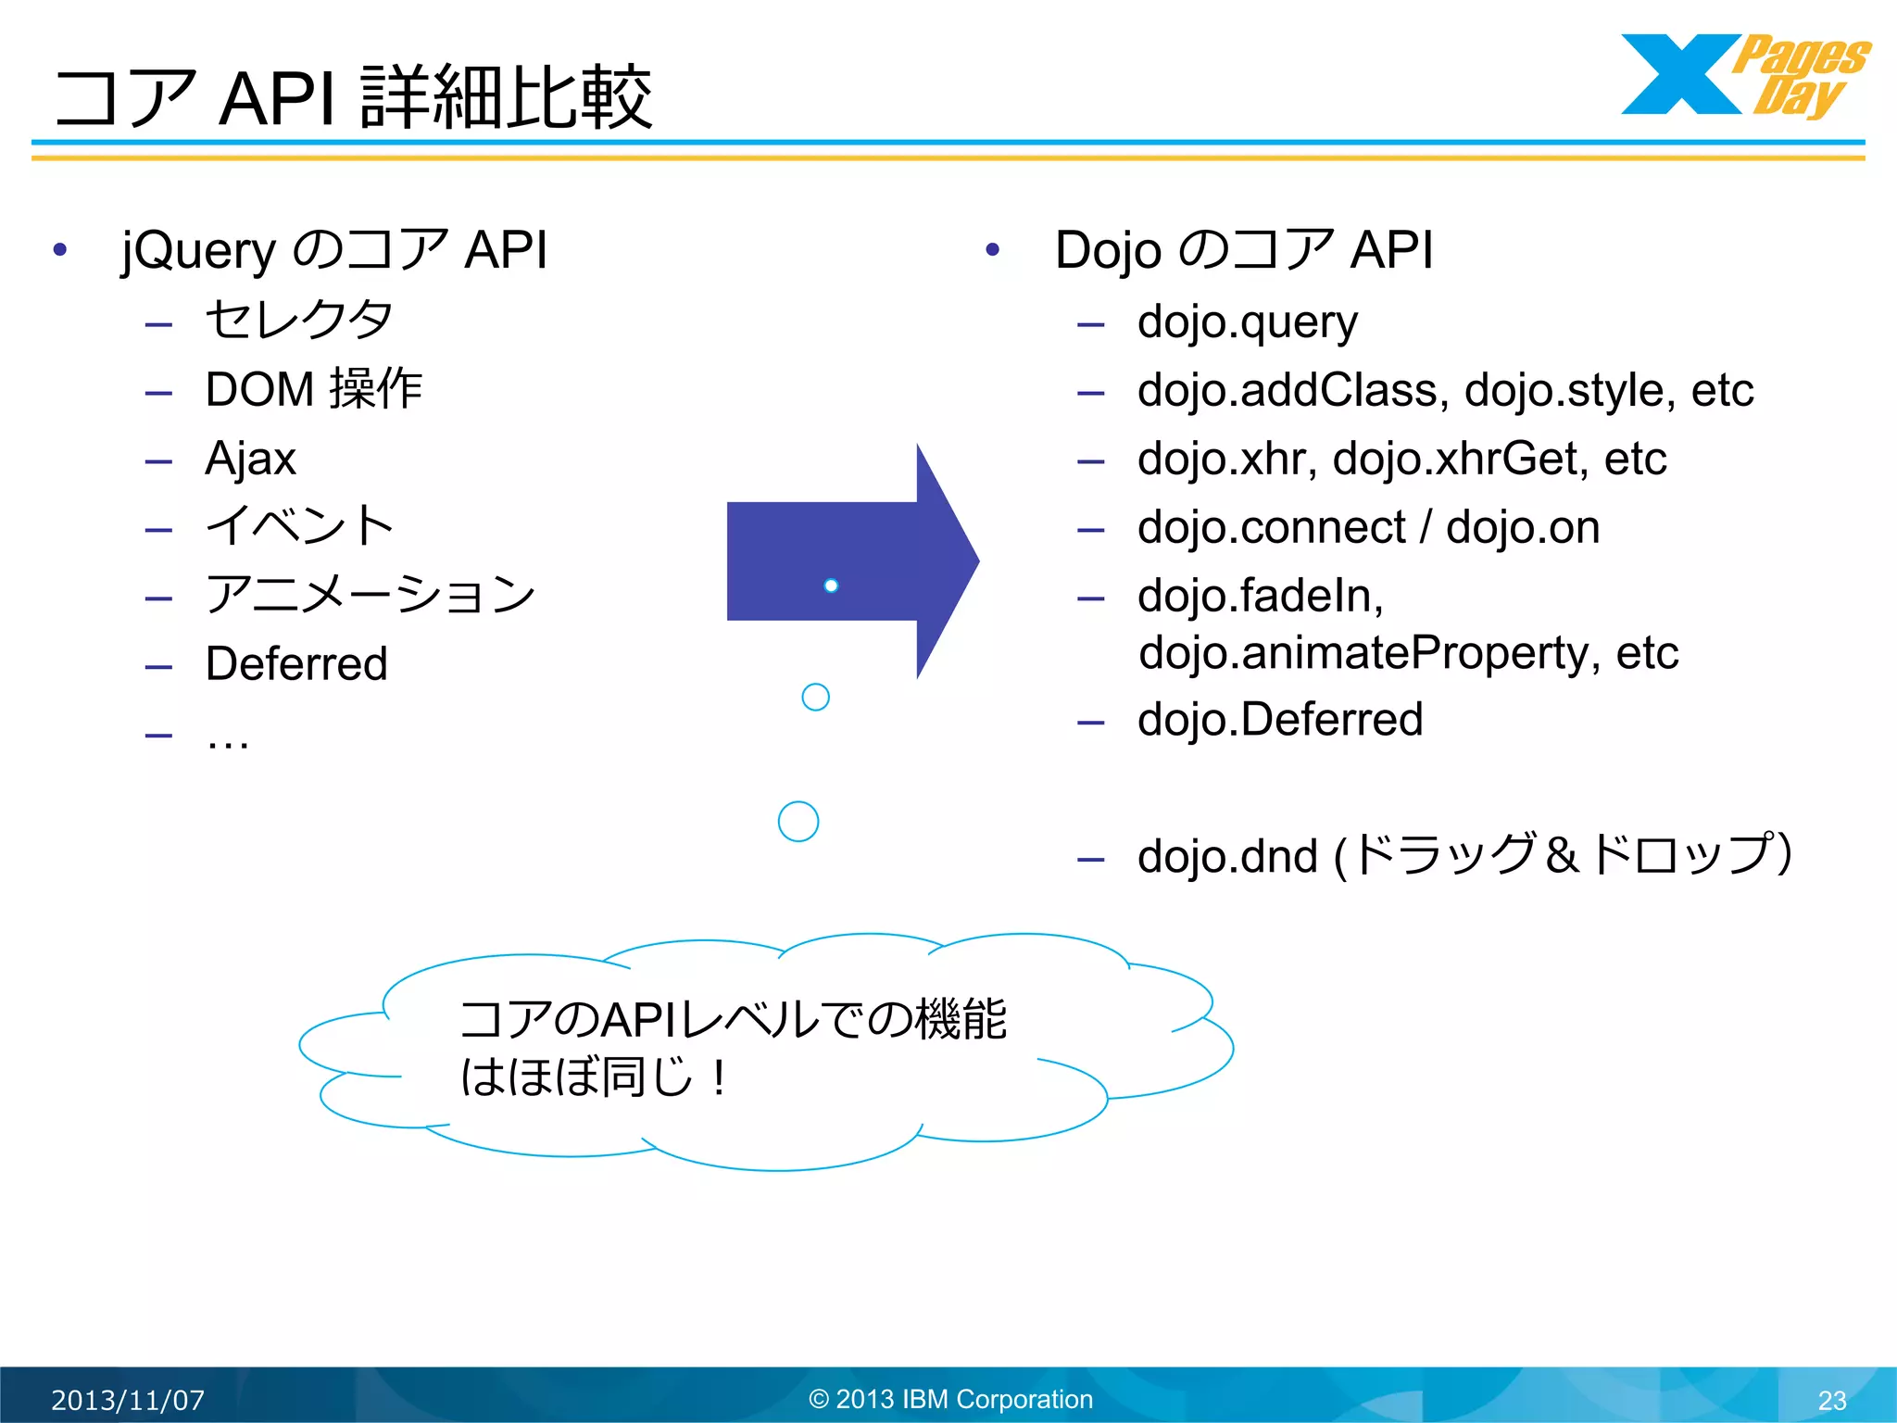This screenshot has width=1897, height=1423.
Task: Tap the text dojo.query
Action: coord(1247,322)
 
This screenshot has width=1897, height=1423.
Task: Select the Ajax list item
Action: coord(250,459)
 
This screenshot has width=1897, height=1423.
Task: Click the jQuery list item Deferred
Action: coord(296,664)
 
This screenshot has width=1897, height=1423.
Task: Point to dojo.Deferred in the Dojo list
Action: coord(1279,720)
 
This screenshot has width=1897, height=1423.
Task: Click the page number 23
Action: coord(1831,1400)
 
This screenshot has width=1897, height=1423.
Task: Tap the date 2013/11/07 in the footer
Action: coord(128,1400)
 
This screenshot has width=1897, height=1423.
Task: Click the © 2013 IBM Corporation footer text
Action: coord(950,1399)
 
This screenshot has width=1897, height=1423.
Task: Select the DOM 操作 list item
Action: coord(313,389)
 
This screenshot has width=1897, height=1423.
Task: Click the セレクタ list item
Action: coord(298,321)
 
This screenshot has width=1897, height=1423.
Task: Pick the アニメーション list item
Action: coord(370,595)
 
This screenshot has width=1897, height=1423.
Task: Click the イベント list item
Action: coord(299,526)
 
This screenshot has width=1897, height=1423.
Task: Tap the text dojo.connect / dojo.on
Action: coord(1368,527)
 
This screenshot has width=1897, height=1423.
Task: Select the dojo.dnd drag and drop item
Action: coord(1464,855)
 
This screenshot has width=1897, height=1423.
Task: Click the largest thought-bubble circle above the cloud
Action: coord(798,821)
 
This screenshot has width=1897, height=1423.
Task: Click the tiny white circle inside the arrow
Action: coord(831,586)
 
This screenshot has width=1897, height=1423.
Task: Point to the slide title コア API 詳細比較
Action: coord(353,97)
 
